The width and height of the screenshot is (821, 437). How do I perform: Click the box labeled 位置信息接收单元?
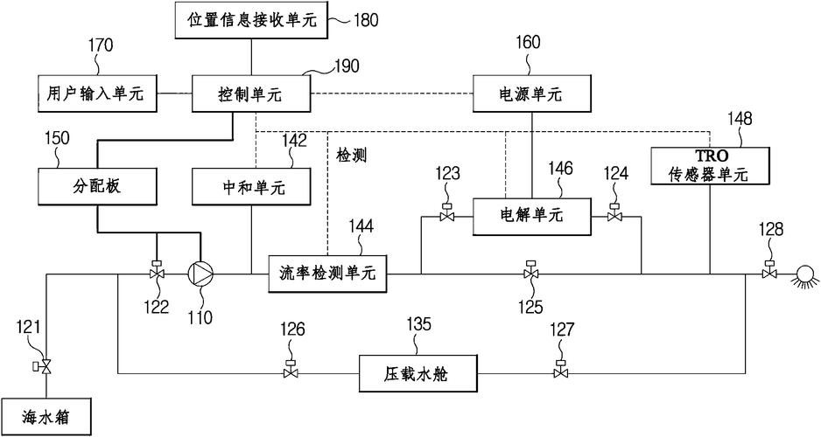pos(251,21)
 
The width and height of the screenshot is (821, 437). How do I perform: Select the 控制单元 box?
pos(252,94)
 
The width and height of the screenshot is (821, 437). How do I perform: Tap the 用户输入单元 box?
pos(97,94)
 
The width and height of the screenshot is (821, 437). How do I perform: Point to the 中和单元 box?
pos(252,186)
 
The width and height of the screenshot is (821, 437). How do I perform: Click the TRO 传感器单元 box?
pos(709,165)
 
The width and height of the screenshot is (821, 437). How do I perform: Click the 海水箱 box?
pos(46,418)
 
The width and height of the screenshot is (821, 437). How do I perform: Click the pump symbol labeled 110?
pos(201,274)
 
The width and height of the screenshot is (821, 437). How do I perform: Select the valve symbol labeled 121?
pos(46,365)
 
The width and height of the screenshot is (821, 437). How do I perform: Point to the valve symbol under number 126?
pos(291,371)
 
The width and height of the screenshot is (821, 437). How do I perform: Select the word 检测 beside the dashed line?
pos(351,156)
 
